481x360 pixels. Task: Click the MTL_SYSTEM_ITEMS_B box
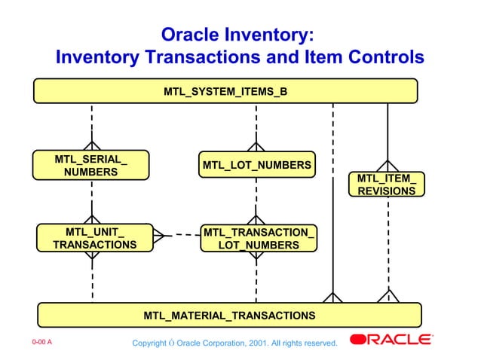(x=225, y=91)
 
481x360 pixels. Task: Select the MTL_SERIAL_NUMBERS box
(x=90, y=166)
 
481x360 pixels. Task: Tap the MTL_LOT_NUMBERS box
(x=256, y=165)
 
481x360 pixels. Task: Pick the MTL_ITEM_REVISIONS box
(x=386, y=185)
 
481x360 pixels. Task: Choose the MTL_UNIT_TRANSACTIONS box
(x=94, y=238)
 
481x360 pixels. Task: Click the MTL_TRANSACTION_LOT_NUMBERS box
(x=258, y=239)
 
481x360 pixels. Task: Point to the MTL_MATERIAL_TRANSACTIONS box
(x=229, y=315)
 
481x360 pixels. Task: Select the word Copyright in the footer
(x=149, y=344)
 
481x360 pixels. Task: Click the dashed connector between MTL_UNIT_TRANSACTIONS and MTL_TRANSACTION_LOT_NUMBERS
(x=178, y=235)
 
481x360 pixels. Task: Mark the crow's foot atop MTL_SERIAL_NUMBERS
(x=91, y=145)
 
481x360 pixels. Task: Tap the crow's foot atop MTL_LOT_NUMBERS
(x=256, y=145)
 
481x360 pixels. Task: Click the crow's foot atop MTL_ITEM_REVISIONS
(x=387, y=166)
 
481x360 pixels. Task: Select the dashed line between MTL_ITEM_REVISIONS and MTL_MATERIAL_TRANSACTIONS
(x=388, y=241)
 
